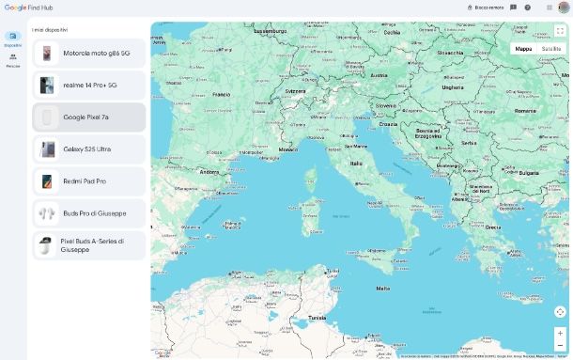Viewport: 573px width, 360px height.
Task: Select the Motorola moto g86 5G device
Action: coord(88,54)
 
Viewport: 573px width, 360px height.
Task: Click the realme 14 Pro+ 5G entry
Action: coord(88,86)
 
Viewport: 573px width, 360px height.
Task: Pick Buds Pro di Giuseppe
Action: coord(88,213)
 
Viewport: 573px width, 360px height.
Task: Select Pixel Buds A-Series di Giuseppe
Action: coord(88,245)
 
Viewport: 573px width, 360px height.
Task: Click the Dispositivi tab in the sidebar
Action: coord(13,39)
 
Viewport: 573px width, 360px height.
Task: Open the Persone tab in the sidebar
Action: coord(13,60)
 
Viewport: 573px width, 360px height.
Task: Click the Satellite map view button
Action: coord(551,49)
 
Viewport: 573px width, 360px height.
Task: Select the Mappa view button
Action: coord(523,49)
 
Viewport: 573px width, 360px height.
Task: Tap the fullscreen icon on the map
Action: coord(560,31)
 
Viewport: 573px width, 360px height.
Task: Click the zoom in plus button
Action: coord(560,332)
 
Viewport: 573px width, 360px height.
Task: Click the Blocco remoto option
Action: coord(486,8)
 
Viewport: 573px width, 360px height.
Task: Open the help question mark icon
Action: coord(528,8)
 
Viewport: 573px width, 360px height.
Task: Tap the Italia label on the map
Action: coord(356,164)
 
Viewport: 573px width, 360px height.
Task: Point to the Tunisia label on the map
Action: coord(317,318)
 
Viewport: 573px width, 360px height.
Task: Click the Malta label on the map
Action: coord(382,289)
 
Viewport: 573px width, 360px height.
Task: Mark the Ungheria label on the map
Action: coord(453,87)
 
